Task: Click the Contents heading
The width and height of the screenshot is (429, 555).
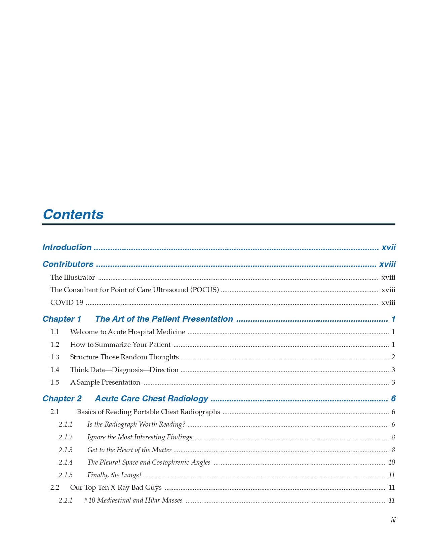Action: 73,214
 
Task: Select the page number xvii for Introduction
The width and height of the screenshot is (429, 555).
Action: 388,247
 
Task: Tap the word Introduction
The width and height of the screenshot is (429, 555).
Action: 67,247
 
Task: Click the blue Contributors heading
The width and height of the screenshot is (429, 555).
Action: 68,264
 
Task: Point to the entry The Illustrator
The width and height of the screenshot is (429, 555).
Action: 73,277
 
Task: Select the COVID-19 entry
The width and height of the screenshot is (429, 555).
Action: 67,303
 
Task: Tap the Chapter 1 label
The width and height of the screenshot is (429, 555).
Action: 62,319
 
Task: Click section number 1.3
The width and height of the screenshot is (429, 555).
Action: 55,357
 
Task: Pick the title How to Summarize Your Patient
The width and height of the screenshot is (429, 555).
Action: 120,345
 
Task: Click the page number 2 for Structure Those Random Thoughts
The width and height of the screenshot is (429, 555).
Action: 393,357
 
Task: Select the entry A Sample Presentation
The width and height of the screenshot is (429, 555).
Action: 105,382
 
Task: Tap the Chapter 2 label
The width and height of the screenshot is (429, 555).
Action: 62,399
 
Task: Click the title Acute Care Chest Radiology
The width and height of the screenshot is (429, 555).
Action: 151,399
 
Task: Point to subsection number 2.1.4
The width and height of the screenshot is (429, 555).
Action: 66,462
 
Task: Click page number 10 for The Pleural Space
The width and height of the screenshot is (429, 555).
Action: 391,462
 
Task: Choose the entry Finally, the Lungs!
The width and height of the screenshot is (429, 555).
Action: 114,475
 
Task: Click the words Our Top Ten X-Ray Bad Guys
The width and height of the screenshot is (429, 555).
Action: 116,487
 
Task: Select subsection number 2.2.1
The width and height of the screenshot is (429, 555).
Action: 66,500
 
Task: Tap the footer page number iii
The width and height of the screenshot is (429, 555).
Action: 393,520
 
